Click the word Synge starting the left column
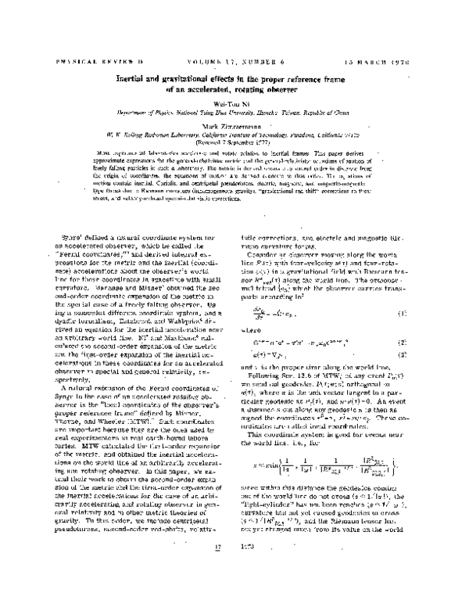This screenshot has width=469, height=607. coord(76,214)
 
